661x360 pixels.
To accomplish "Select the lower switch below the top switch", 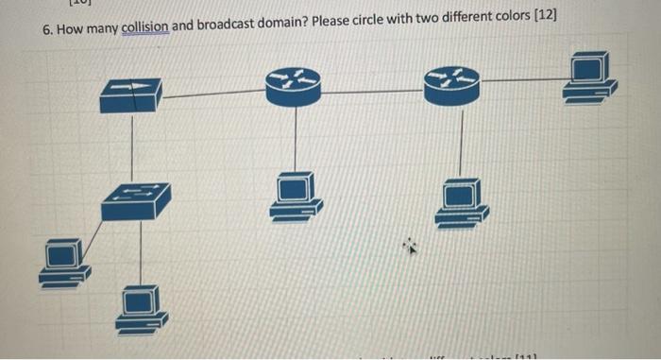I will (x=137, y=198).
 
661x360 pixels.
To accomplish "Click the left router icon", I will (x=294, y=85).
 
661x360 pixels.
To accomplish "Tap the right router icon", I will (x=450, y=85).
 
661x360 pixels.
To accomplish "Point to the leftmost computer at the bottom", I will (x=64, y=262).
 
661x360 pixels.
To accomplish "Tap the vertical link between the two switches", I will (x=132, y=146).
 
